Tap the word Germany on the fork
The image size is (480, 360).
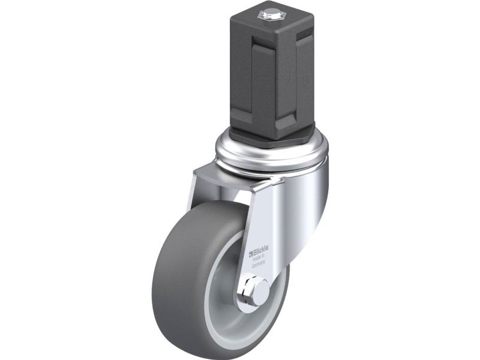[259, 264]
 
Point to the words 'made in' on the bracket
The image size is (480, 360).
[259, 257]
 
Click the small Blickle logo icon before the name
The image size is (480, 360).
[250, 253]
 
